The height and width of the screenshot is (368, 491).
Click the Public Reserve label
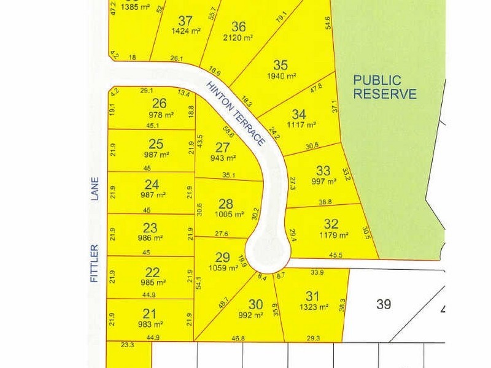pos(385,87)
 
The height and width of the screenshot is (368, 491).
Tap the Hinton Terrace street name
pos(236,114)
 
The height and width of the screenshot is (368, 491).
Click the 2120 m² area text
pos(239,38)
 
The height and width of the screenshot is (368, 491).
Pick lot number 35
pos(280,65)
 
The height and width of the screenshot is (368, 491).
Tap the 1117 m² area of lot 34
pos(302,125)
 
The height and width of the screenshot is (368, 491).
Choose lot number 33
pos(323,171)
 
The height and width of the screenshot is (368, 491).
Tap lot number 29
pos(222,257)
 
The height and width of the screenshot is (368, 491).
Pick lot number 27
pos(222,148)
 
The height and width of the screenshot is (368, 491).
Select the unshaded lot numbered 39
pos(384,304)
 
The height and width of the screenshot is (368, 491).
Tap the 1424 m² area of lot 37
pos(185,31)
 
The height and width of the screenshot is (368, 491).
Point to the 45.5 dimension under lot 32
pos(336,255)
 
